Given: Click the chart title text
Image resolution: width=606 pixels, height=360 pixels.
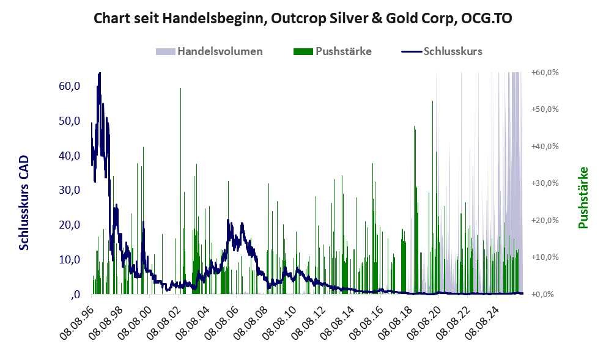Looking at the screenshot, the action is coord(303,18).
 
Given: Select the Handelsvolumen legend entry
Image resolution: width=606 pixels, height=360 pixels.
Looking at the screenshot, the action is coord(209,51).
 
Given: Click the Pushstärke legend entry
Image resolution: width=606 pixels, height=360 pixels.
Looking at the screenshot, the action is coord(333,51).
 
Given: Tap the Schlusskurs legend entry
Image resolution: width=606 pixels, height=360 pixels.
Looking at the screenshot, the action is coord(442,51).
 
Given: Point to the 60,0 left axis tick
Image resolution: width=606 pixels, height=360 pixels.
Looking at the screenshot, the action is coord(70,86).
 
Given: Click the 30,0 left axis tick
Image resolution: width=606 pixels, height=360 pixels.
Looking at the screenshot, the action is coord(70,190).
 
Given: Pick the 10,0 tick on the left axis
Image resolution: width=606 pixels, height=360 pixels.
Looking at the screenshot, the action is coord(70,260).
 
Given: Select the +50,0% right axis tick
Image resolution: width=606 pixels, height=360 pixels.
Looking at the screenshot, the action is coord(545,109).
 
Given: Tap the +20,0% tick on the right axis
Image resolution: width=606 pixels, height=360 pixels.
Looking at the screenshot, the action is coord(545,220).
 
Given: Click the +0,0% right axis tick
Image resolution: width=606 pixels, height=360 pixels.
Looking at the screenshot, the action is coord(545,295).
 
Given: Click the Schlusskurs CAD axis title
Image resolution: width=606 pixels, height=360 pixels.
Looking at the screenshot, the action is coord(24,203).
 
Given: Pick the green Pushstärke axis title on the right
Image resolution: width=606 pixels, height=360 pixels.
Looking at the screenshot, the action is coord(583,197).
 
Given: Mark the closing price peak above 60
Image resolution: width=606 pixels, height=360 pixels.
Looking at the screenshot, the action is coord(99,73).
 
